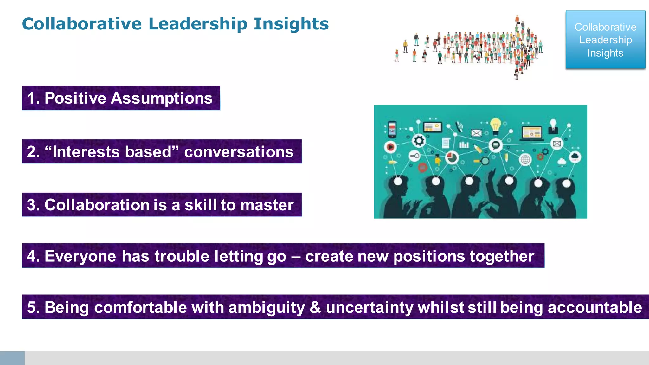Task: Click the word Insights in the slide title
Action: point(291,24)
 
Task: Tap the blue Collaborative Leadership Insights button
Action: point(605,40)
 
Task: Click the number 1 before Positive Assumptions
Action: point(31,98)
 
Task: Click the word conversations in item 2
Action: point(239,152)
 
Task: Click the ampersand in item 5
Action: point(315,307)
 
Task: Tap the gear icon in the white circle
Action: point(419,140)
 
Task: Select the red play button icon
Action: point(390,147)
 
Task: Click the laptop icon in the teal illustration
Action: point(532,132)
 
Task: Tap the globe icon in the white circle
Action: point(525,159)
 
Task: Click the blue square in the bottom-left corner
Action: point(12,358)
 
